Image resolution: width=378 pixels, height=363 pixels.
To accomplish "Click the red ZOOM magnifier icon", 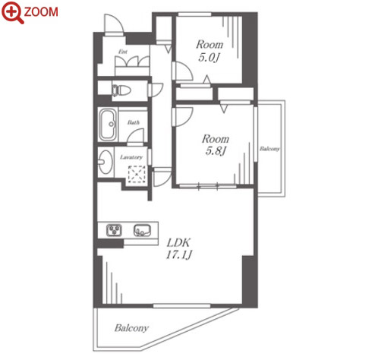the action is (x=12, y=12).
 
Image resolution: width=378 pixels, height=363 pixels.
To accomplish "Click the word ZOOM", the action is (x=41, y=12).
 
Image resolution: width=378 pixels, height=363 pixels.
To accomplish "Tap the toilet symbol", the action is (x=121, y=90).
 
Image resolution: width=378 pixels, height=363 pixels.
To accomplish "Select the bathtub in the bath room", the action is (x=108, y=125).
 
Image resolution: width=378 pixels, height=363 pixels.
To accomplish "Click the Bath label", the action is (x=134, y=122).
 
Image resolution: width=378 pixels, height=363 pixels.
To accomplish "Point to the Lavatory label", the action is (x=131, y=157).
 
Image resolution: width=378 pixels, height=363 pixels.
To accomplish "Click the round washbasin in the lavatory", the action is (x=105, y=162).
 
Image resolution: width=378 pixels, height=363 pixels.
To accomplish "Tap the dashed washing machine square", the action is (x=137, y=174).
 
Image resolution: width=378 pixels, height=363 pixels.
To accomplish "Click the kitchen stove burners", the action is (x=114, y=230).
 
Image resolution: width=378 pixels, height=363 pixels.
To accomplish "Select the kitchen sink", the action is (x=142, y=230).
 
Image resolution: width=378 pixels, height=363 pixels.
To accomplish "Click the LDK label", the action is (x=178, y=243).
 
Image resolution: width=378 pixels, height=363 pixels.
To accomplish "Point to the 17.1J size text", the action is (x=178, y=254).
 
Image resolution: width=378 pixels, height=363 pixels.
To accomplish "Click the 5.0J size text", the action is (x=208, y=58).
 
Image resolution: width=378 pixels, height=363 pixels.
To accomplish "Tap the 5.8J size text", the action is (x=216, y=151).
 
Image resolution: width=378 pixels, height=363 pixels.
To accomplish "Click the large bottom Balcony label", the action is (x=131, y=328).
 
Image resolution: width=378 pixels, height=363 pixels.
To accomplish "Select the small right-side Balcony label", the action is (x=269, y=149).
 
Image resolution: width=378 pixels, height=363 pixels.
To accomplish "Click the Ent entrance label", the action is (x=123, y=52).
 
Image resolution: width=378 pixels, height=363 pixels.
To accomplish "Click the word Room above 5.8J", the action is (x=216, y=139).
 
